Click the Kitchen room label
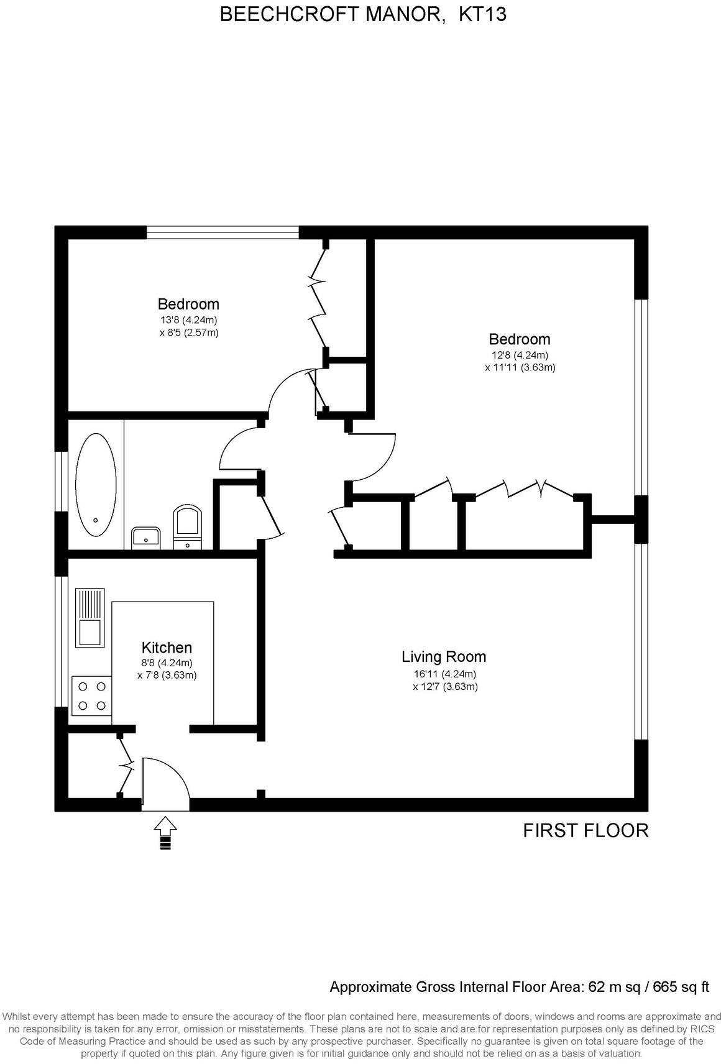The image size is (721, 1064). coord(167,648)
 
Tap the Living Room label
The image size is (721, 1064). coord(443,656)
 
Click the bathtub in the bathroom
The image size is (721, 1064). coord(95,485)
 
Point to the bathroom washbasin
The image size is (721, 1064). coord(146,536)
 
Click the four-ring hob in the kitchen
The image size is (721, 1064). coord(92,696)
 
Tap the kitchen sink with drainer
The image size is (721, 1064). coord(90,617)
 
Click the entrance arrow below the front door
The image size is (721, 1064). coord(165,833)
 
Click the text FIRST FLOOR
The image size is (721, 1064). coord(586,830)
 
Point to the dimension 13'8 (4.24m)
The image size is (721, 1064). coord(188,321)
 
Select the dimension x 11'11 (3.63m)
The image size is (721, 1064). coord(520,367)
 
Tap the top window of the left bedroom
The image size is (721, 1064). coord(223,232)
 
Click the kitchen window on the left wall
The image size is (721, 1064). coord(60,641)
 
